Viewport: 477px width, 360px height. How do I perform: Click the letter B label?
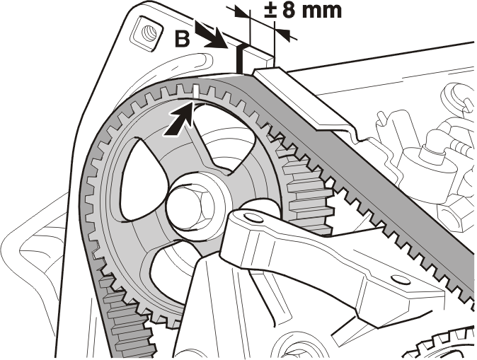(183, 39)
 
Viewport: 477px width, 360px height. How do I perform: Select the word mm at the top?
(324, 12)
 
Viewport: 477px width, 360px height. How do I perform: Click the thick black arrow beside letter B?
(212, 36)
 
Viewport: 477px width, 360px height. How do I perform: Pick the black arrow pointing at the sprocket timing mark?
(180, 120)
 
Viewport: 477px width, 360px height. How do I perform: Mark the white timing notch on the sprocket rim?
(196, 92)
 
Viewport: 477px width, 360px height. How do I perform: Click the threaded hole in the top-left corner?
(149, 32)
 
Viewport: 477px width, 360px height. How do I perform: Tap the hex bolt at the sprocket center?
(190, 207)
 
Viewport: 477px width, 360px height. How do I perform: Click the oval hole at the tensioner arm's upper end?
(253, 218)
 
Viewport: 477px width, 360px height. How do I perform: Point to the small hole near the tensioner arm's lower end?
(397, 279)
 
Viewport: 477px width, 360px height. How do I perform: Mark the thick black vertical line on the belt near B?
(240, 59)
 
